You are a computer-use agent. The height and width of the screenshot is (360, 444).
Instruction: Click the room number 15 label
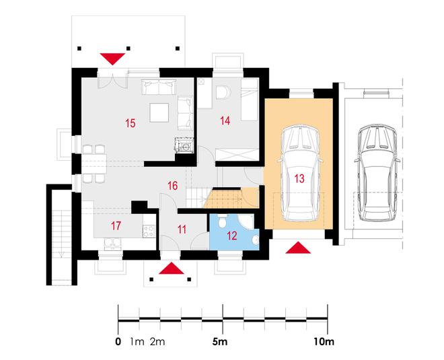131,123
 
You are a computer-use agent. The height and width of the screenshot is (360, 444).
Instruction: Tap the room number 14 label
225,121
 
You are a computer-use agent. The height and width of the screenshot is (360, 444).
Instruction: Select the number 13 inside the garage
299,178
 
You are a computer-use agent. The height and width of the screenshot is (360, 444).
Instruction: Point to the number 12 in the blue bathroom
232,236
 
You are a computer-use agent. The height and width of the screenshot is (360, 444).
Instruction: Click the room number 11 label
182,229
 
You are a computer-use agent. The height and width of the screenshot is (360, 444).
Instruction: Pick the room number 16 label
172,186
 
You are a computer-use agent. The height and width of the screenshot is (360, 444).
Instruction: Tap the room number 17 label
116,226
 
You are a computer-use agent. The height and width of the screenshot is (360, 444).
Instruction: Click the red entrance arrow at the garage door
298,247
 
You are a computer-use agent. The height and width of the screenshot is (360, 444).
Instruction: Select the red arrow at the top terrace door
112,59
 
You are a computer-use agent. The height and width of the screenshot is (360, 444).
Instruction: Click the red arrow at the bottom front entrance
172,268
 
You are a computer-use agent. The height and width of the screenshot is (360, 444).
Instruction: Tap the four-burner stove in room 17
149,231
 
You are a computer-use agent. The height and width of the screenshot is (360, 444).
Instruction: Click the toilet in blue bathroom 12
223,221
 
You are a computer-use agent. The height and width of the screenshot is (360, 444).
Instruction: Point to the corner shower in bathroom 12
247,222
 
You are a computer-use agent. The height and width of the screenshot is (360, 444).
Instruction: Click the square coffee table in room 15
159,113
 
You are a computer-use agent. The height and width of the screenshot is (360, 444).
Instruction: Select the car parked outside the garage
377,173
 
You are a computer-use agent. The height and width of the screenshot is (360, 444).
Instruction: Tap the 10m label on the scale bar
324,342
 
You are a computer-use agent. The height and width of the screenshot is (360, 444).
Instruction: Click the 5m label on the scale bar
220,342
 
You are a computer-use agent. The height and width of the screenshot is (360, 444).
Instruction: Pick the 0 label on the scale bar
118,342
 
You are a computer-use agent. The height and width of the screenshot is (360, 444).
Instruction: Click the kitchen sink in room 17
113,244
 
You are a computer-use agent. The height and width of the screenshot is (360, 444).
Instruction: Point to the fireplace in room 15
184,145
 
